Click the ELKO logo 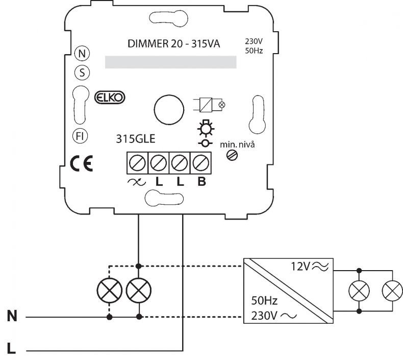(x=110, y=98)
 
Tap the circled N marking (x=82, y=54)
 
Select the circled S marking (x=82, y=73)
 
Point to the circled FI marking (x=80, y=136)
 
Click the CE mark (x=82, y=164)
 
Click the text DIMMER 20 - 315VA (x=174, y=44)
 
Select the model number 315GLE (x=136, y=139)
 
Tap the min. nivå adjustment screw (x=232, y=155)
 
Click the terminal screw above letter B (x=200, y=163)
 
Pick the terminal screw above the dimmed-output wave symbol (x=137, y=163)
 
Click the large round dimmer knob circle (x=169, y=110)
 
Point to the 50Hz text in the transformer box (x=264, y=301)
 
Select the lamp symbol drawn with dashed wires (x=110, y=291)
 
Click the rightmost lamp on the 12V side (x=392, y=291)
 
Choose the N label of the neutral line (x=12, y=316)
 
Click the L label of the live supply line (x=11, y=349)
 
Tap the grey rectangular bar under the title (x=171, y=62)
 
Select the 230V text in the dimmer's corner (x=254, y=41)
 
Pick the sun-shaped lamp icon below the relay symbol (x=206, y=128)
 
